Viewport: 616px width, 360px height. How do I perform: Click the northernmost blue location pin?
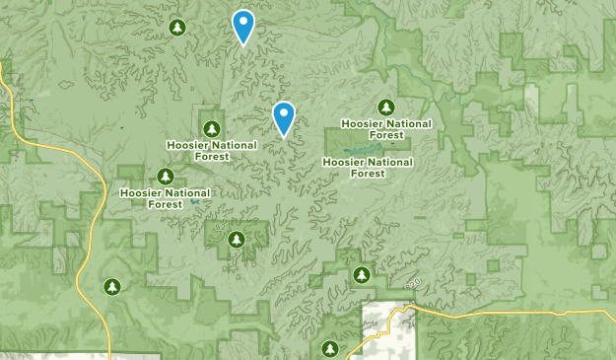point(242,25)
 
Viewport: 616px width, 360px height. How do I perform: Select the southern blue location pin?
point(284,116)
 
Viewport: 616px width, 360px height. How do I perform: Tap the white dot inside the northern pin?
point(242,21)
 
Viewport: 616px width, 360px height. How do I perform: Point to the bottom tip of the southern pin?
point(284,136)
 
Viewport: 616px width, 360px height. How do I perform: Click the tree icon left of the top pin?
point(177,27)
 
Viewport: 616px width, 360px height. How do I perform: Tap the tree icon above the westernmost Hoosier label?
point(166,176)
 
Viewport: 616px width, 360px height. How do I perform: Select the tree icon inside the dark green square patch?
point(236,240)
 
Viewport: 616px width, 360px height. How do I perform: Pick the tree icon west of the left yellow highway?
point(112,287)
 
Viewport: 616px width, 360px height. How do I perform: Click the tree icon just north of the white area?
point(362,273)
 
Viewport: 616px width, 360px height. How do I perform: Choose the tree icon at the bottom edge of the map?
point(330,348)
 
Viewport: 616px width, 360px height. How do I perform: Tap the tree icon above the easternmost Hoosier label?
point(386,108)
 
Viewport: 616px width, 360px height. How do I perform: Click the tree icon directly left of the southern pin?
point(212,128)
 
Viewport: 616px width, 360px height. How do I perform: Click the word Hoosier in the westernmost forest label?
point(139,192)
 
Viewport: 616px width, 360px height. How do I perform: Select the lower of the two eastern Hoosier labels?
point(368,167)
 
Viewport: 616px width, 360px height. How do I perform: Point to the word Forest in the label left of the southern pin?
point(212,157)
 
